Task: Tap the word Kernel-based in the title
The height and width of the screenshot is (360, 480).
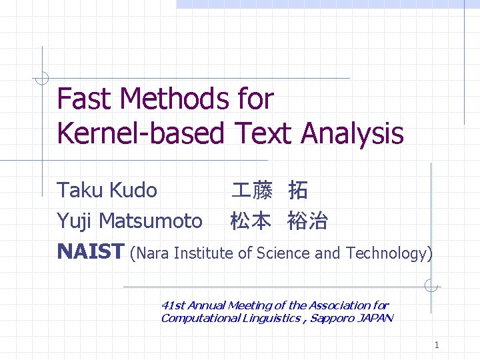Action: tap(141, 133)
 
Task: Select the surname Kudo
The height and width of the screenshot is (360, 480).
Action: tap(133, 191)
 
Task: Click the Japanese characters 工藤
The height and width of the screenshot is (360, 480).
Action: tap(251, 191)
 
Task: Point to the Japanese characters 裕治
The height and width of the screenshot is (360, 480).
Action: tap(307, 221)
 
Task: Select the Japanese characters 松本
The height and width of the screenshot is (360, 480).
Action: tap(251, 221)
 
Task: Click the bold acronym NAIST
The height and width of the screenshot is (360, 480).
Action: tap(91, 252)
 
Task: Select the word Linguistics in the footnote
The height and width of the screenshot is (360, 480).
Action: tap(270, 318)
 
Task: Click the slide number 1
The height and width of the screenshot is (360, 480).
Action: tap(436, 345)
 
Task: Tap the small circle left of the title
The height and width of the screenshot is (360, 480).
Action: tap(42, 79)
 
